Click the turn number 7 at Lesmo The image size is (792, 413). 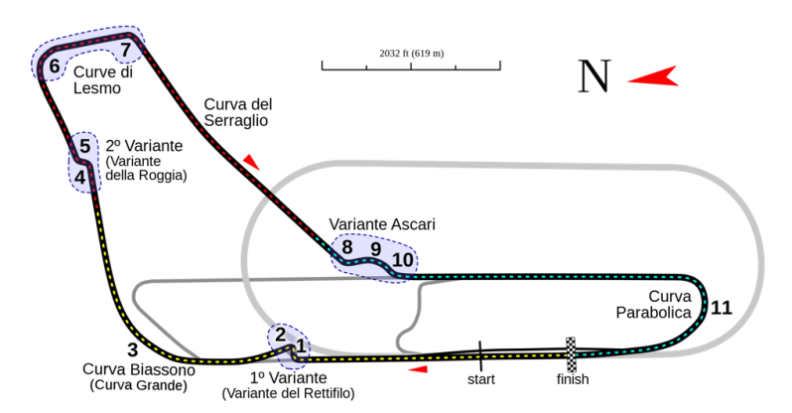click(125, 50)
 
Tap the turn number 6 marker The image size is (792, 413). click(53, 68)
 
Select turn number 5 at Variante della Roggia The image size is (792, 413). click(84, 147)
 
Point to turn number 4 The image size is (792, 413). click(79, 178)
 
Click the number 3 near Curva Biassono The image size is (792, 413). click(132, 349)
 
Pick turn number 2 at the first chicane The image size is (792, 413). click(281, 335)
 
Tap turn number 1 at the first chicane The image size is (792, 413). click(302, 346)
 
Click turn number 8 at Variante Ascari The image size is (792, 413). click(347, 247)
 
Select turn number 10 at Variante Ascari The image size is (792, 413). click(401, 260)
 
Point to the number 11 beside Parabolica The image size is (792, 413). click(721, 308)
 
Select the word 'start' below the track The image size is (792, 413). click(480, 379)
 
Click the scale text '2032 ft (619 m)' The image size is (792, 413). click(411, 53)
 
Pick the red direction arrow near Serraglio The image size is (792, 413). click(254, 161)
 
